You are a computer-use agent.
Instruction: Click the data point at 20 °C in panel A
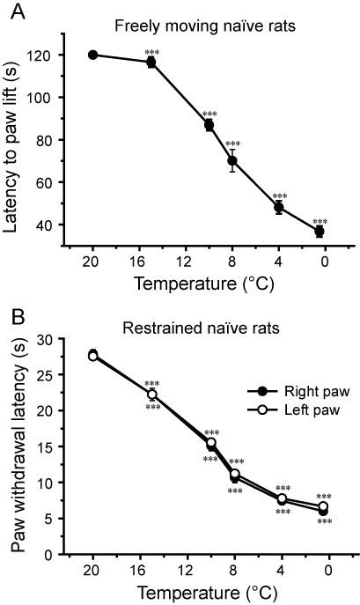click(x=93, y=55)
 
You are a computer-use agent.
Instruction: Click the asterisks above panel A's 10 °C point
click(x=209, y=114)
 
